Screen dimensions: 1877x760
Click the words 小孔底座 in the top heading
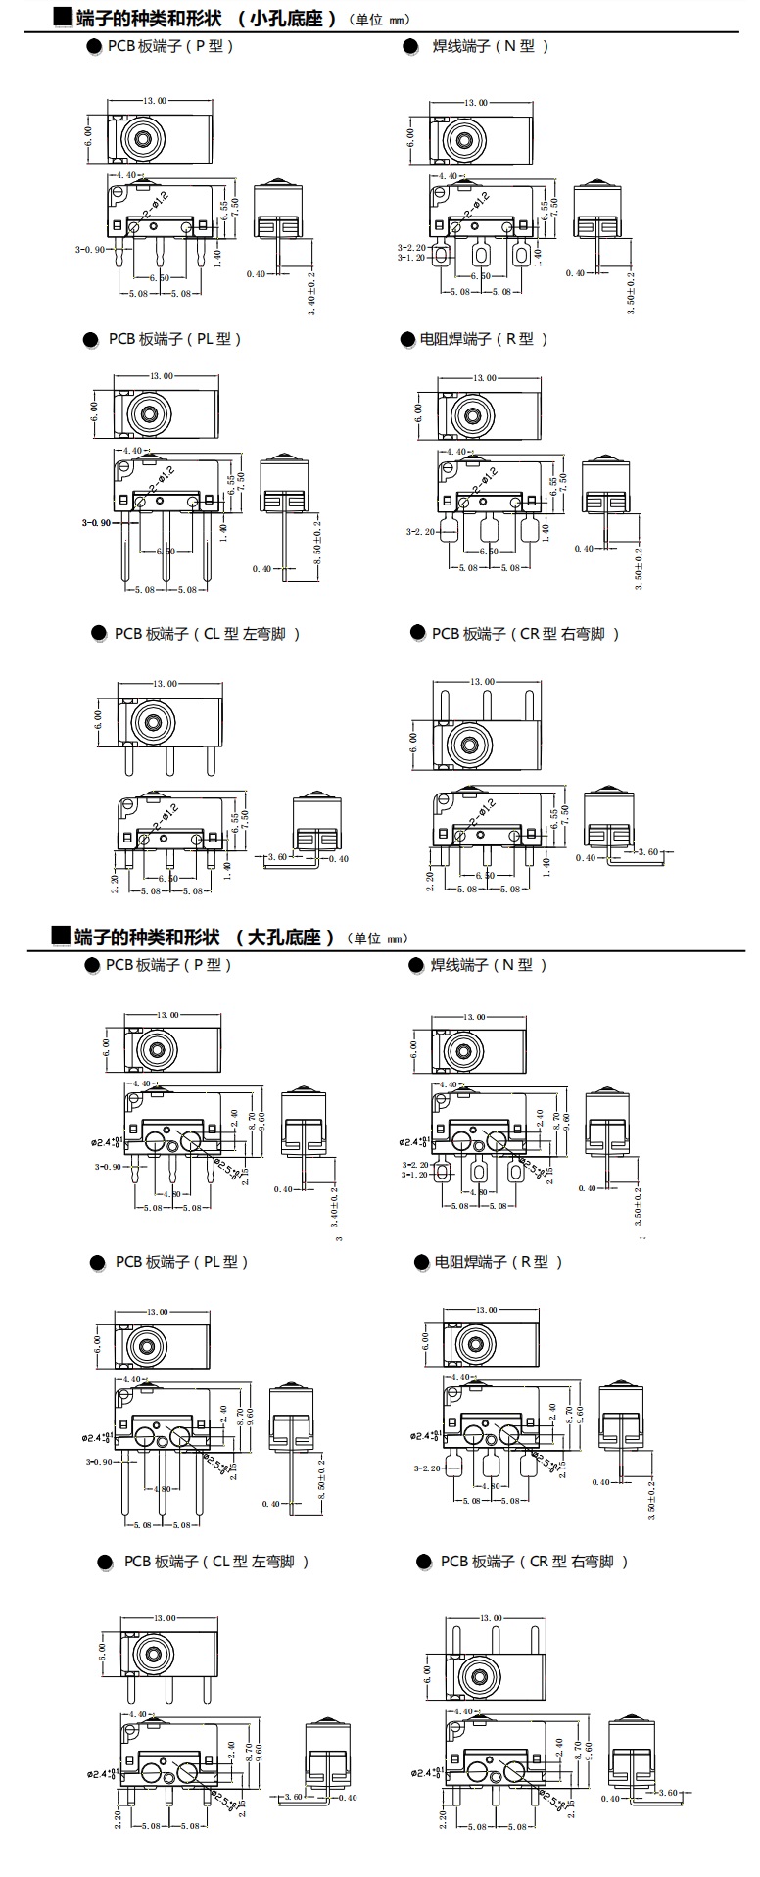coord(293,19)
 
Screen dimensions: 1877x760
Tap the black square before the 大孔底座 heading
coord(62,937)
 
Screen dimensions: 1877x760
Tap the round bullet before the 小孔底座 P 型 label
coord(94,46)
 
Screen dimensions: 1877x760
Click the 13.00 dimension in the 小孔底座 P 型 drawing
coord(155,101)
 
